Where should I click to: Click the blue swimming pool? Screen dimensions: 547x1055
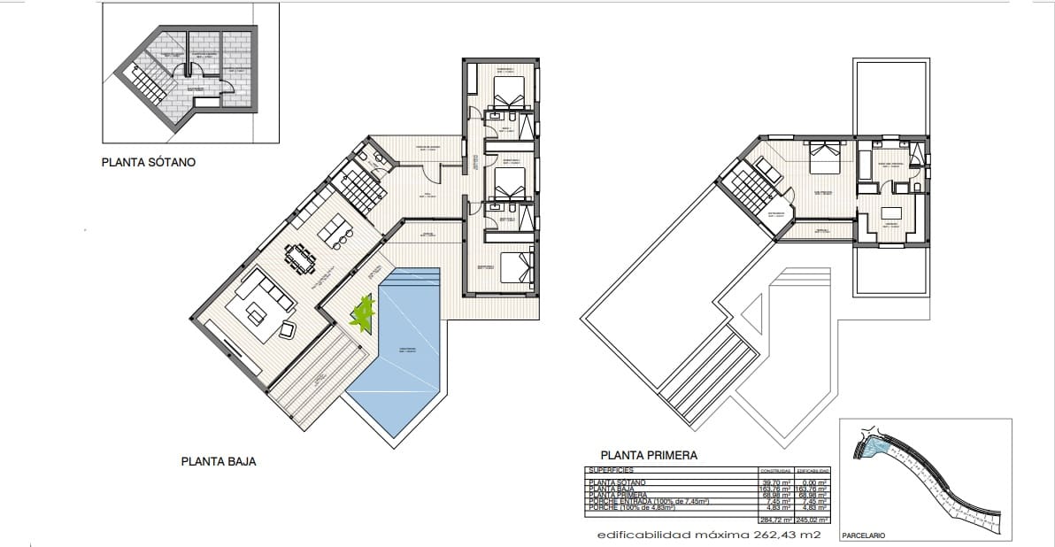[x=403, y=354]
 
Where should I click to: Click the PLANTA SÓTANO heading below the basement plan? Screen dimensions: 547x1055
[x=148, y=163]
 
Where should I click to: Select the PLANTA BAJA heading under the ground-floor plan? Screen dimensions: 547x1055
[x=219, y=461]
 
